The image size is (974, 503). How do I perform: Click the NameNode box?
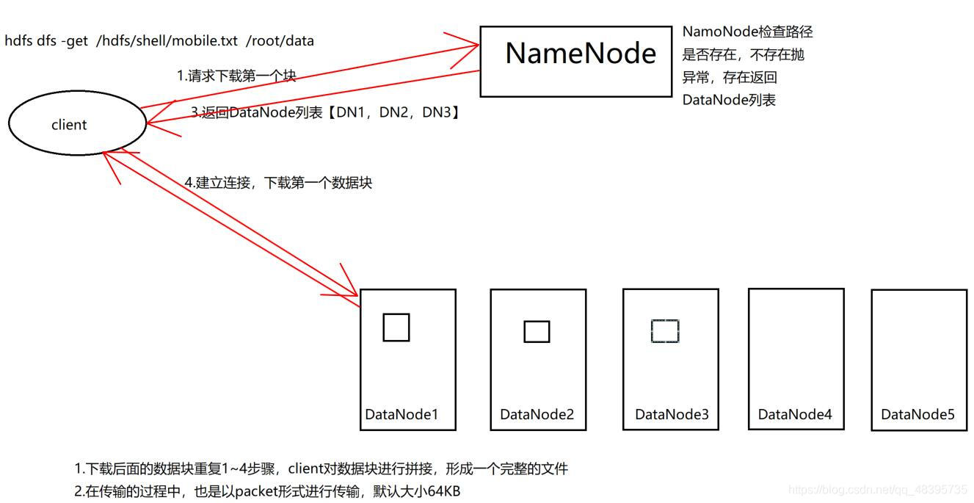pyautogui.click(x=575, y=61)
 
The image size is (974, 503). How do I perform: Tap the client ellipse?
pyautogui.click(x=77, y=125)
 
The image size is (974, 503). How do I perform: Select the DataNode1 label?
pyautogui.click(x=401, y=415)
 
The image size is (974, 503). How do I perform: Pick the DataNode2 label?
pyautogui.click(x=537, y=415)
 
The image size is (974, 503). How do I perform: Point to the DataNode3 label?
pyautogui.click(x=672, y=415)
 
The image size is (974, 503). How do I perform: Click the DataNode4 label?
pyautogui.click(x=795, y=415)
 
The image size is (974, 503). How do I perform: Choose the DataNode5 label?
pyautogui.click(x=917, y=415)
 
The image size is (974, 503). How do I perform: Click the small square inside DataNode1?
pyautogui.click(x=396, y=328)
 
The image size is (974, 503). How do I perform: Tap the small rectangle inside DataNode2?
pyautogui.click(x=537, y=332)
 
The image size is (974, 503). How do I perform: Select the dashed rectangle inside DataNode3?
pyautogui.click(x=665, y=331)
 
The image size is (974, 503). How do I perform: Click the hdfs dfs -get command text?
pyautogui.click(x=159, y=41)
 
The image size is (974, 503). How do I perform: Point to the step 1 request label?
pyautogui.click(x=236, y=76)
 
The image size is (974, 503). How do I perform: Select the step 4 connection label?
pyautogui.click(x=280, y=183)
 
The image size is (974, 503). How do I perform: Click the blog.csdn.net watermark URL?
pyautogui.click(x=877, y=490)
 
